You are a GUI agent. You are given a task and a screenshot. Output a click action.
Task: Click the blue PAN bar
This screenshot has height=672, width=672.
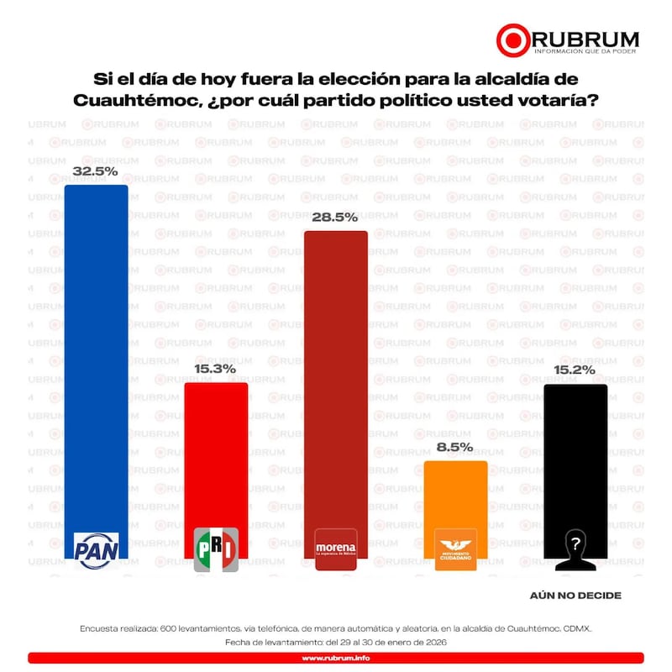point(96,353)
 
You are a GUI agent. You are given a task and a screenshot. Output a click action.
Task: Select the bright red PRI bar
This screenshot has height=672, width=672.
point(216,454)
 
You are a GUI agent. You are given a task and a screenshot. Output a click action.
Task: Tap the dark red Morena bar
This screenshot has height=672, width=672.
point(335,378)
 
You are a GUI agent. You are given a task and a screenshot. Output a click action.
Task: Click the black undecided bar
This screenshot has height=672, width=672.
point(575,454)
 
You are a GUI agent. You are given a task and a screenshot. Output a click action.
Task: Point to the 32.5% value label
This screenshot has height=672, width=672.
point(96,171)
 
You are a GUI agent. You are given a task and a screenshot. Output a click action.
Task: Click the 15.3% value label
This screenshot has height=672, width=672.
point(216,368)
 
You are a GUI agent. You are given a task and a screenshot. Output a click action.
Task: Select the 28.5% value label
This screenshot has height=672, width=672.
point(335,217)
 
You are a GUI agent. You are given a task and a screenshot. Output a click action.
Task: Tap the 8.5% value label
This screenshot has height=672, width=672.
point(455,447)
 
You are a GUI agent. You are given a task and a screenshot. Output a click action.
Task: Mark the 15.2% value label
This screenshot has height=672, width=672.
point(575,370)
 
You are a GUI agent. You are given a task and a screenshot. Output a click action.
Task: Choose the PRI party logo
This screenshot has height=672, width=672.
point(217,550)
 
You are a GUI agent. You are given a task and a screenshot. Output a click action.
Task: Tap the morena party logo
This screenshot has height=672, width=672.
point(336,549)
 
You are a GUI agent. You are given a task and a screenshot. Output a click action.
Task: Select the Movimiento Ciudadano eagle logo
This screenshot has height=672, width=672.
point(455,549)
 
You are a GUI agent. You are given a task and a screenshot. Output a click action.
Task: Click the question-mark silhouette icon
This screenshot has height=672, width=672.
point(575,550)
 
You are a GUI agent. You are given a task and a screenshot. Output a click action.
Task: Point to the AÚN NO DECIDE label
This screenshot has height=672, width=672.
point(575,596)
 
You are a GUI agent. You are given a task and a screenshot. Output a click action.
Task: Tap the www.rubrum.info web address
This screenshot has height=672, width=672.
point(336,658)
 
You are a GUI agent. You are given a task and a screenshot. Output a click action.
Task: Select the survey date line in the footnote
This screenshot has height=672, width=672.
point(336,643)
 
